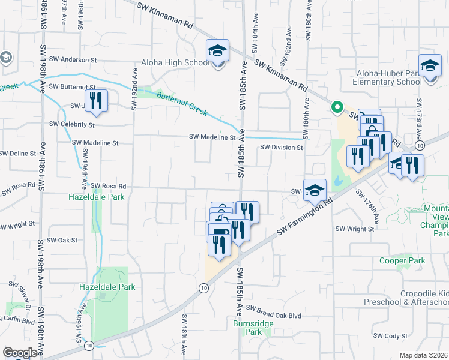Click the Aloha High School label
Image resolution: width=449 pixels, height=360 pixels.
pyautogui.click(x=176, y=62)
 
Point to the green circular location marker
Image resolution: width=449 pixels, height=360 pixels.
pyautogui.click(x=337, y=108)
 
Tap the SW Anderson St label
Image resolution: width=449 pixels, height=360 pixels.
pyautogui.click(x=73, y=60)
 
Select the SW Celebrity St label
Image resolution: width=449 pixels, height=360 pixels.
pyautogui.click(x=72, y=125)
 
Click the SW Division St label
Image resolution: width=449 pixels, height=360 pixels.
pyautogui.click(x=280, y=148)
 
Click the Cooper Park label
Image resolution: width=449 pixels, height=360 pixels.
pyautogui.click(x=402, y=260)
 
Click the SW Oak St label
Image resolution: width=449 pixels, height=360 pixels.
pyautogui.click(x=63, y=240)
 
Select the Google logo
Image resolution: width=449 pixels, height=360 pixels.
pyautogui.click(x=20, y=352)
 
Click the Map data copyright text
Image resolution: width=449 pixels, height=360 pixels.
pyautogui.click(x=424, y=355)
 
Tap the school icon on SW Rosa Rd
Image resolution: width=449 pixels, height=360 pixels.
pyautogui.click(x=315, y=190)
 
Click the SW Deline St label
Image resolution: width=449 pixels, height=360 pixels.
pyautogui.click(x=19, y=154)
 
